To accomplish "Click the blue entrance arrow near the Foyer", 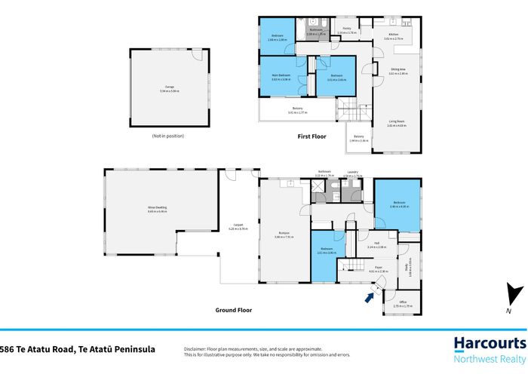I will (x=368, y=297).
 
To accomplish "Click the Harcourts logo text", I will (x=490, y=344).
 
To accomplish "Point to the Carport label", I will (x=238, y=225).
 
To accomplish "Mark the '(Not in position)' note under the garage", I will (x=167, y=136).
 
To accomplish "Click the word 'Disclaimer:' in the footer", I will (x=195, y=348).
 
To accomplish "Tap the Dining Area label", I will (x=398, y=70).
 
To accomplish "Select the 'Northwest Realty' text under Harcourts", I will (x=490, y=360).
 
